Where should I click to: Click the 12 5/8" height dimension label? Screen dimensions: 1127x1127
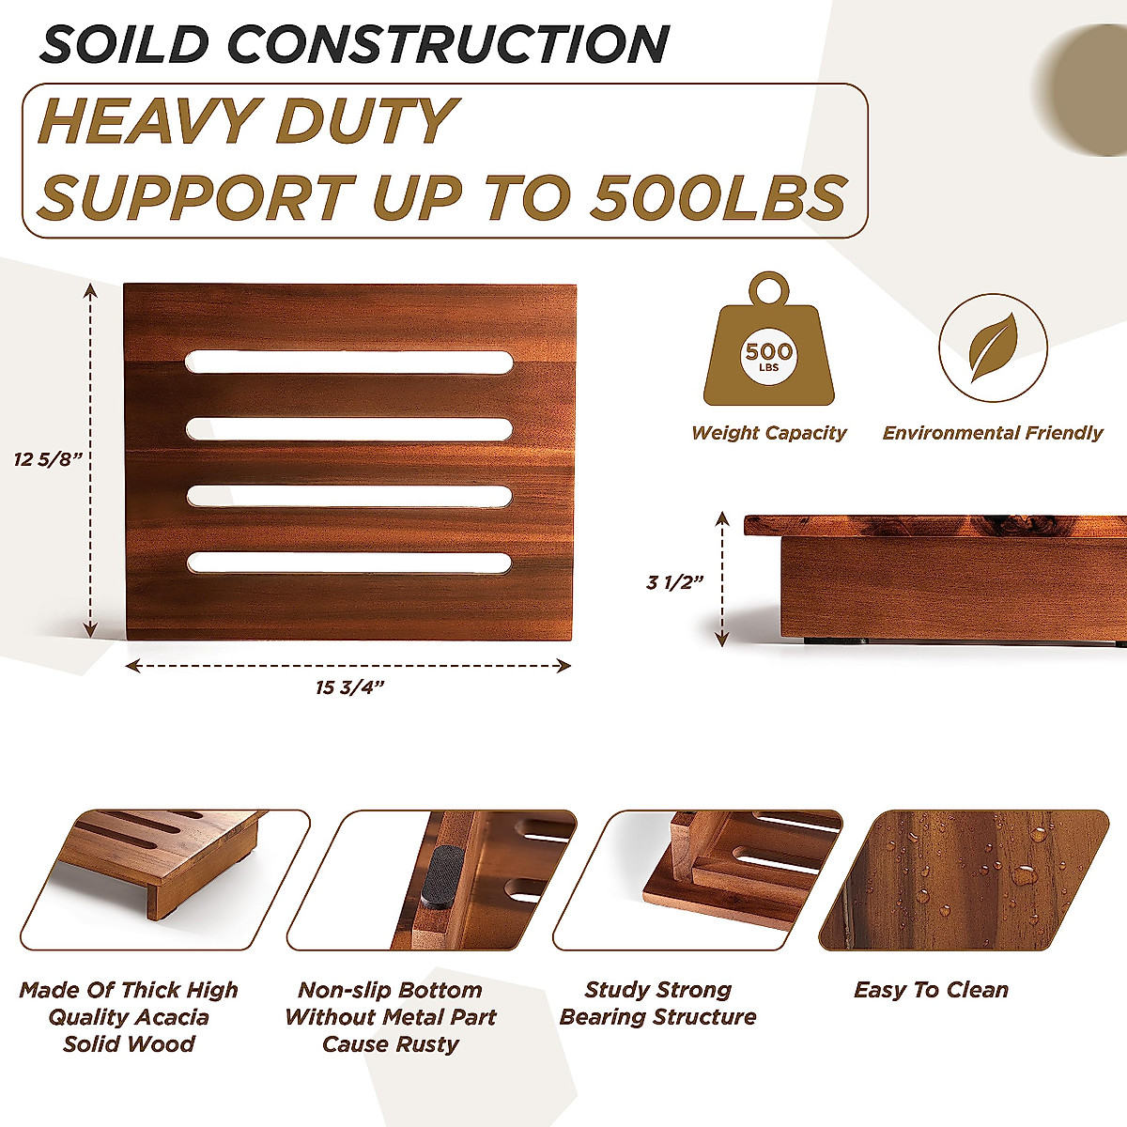click(x=49, y=459)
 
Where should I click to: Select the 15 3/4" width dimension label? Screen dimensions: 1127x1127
click(x=349, y=688)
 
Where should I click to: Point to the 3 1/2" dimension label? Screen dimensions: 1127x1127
click(x=674, y=582)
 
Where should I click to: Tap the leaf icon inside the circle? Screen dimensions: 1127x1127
click(x=993, y=347)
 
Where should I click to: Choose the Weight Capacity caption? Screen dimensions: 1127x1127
click(x=768, y=433)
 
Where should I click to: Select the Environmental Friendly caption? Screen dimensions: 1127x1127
click(x=993, y=433)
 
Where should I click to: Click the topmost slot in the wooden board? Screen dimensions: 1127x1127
click(x=349, y=362)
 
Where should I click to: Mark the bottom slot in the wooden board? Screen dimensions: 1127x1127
click(x=349, y=563)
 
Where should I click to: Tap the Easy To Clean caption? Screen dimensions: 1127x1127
click(x=931, y=990)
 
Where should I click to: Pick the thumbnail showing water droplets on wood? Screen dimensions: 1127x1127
click(x=963, y=880)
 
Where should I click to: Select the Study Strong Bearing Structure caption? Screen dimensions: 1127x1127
click(x=657, y=1003)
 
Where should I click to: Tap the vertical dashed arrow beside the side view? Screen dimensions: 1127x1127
click(x=722, y=579)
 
